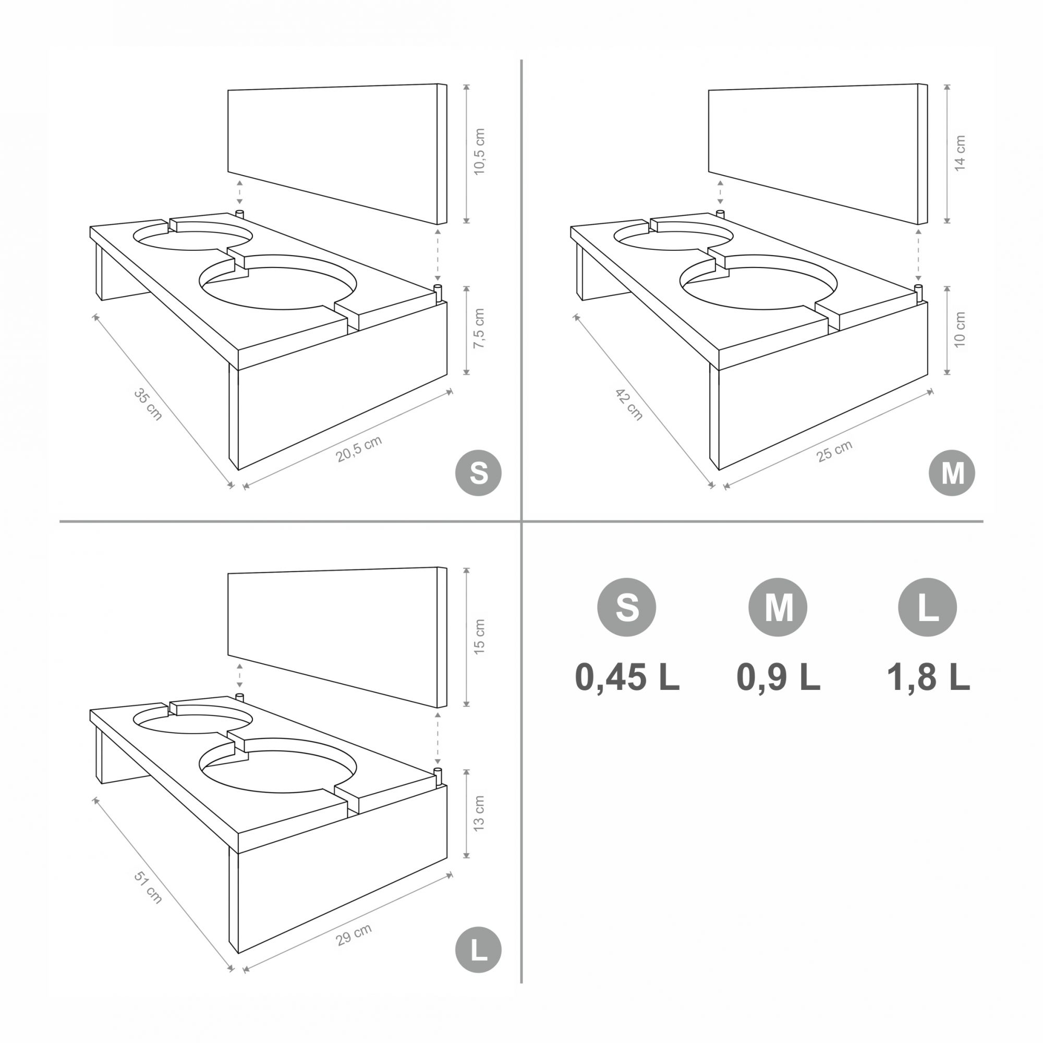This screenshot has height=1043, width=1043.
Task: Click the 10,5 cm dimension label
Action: tap(479, 151)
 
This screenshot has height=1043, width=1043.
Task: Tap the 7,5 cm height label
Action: tap(479, 328)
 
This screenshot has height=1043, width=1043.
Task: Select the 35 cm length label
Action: tap(148, 404)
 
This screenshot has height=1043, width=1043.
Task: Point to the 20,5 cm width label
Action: tap(359, 448)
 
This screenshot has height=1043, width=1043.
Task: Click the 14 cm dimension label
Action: tap(960, 153)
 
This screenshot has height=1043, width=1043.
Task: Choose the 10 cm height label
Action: tap(960, 329)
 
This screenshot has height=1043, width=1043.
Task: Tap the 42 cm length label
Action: tap(629, 404)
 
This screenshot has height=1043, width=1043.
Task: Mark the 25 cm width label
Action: tap(834, 451)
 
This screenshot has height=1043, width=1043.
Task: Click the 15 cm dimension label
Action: tap(479, 636)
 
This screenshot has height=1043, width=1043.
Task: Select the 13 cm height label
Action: tap(479, 812)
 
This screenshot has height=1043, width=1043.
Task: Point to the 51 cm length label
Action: tap(148, 888)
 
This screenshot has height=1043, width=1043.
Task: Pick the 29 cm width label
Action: tap(354, 935)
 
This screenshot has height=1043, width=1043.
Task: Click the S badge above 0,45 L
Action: tap(627, 607)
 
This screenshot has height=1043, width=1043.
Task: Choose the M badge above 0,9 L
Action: tap(778, 607)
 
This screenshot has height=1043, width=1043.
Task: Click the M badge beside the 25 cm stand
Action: tap(952, 473)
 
